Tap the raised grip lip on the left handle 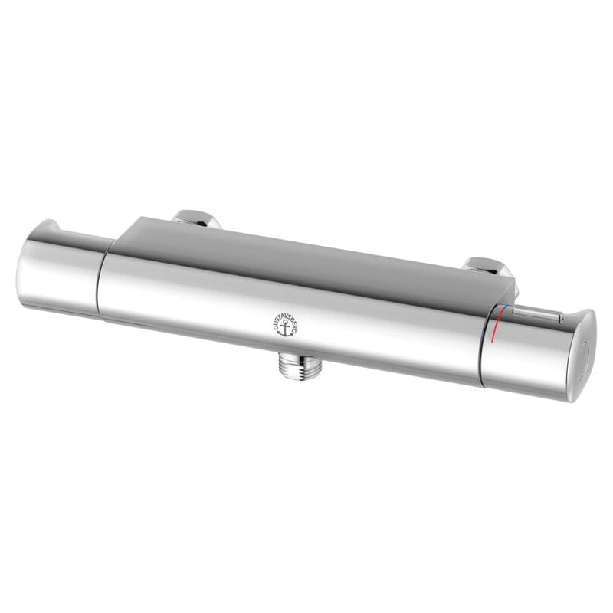pos(54,228)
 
